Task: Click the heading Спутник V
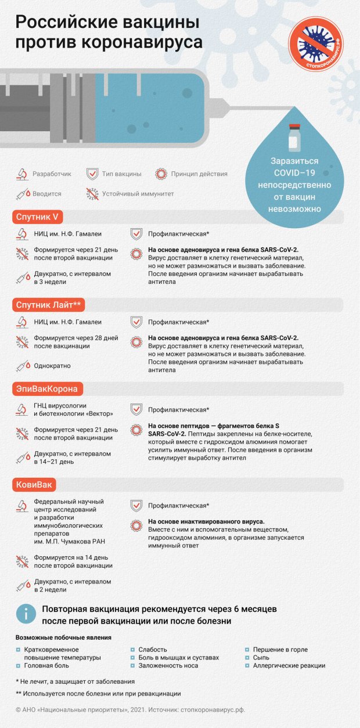coord(37,217)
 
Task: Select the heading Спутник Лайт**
coord(48,304)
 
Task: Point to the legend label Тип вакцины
coord(122,174)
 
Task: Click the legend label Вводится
coord(46,194)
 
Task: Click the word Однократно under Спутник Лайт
coord(53,366)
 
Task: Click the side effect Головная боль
coord(50,666)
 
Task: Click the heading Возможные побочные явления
coord(63,637)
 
